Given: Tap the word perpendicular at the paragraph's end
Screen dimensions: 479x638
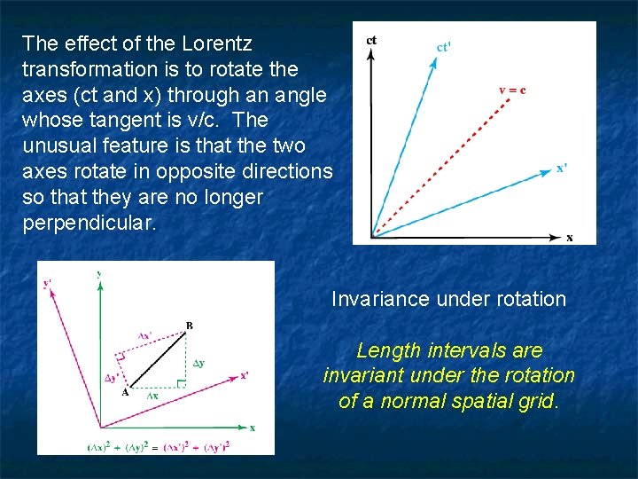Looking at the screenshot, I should tap(89, 222).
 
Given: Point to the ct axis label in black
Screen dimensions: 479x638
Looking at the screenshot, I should tap(371, 40).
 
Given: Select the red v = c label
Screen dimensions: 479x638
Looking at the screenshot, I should tap(511, 90).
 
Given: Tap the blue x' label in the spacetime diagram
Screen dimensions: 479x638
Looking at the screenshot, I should tap(562, 168).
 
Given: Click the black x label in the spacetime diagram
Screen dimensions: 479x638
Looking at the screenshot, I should tap(569, 237).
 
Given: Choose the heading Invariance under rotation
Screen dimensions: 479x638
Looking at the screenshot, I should tap(448, 299).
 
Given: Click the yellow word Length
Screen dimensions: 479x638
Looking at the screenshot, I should tap(386, 350).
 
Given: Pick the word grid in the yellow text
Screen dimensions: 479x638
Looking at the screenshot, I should tap(537, 401).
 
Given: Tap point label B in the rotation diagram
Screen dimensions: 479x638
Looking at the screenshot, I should tap(189, 326).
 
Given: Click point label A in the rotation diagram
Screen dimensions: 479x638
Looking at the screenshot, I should tap(125, 393).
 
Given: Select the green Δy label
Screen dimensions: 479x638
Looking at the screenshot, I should tap(200, 364).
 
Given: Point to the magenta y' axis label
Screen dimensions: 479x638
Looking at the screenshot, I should tap(47, 284).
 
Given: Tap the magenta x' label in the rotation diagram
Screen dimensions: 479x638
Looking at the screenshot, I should tap(244, 374).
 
